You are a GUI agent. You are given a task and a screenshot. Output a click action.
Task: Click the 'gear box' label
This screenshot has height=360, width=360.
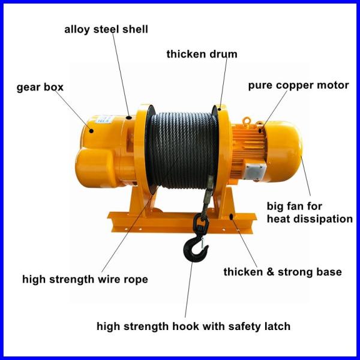tap(40, 88)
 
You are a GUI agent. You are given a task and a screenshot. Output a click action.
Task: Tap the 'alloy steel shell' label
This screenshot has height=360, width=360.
tap(106, 29)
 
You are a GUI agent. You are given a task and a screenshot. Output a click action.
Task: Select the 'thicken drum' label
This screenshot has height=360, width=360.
tap(202, 54)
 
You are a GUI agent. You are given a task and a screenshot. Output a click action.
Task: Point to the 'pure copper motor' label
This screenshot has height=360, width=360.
tap(298, 86)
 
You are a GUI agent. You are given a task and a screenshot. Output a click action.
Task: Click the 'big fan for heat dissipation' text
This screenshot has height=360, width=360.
tap(310, 212)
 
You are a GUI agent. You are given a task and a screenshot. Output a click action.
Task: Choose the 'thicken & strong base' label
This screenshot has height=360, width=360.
tap(283, 272)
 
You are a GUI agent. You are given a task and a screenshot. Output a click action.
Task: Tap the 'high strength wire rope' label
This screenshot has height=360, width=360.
tap(85, 280)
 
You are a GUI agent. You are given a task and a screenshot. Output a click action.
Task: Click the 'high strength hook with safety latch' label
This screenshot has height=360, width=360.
tap(194, 326)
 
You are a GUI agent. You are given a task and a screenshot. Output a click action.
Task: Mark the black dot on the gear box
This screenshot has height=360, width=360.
tap(91, 131)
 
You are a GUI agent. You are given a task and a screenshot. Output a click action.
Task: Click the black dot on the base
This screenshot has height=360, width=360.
tap(232, 216)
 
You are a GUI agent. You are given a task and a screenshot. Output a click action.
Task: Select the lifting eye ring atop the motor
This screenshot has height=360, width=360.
tap(247, 120)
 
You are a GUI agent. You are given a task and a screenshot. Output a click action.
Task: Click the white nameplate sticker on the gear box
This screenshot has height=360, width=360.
tap(103, 119)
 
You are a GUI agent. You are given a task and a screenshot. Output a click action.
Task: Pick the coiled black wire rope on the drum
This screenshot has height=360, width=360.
tap(182, 149)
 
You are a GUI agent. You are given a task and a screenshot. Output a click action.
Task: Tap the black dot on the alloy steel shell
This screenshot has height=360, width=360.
tap(129, 118)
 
